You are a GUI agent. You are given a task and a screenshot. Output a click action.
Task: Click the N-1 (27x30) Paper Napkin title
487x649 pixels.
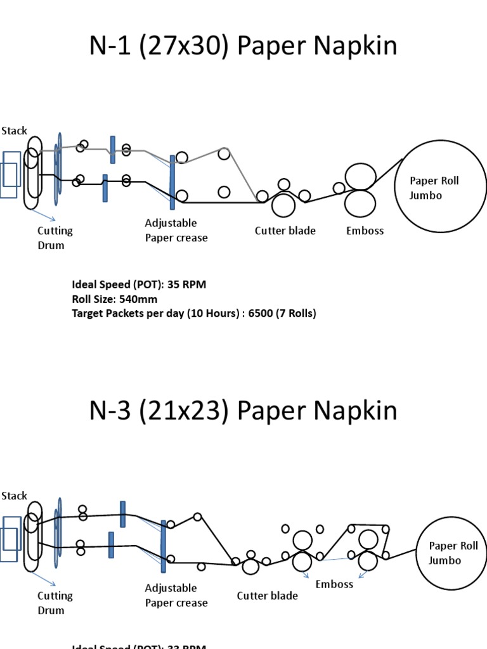(243, 46)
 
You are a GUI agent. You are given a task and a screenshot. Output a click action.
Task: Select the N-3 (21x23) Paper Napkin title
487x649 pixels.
(243, 411)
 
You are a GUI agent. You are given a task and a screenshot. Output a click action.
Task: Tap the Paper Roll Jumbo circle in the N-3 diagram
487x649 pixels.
(452, 553)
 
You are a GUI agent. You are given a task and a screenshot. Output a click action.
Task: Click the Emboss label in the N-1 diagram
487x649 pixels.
(365, 231)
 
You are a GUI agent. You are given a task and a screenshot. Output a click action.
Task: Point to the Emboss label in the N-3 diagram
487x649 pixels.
(334, 584)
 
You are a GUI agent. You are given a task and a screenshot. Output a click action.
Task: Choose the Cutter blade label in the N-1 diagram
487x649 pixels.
(285, 231)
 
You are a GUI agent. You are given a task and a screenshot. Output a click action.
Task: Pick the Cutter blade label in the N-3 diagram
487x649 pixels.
(267, 596)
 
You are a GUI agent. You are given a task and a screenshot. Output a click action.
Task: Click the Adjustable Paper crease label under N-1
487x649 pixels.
(176, 230)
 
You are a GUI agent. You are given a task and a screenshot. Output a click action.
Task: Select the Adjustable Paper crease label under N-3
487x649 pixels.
(176, 595)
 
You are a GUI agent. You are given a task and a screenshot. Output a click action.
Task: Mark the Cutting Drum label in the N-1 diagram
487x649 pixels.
(55, 238)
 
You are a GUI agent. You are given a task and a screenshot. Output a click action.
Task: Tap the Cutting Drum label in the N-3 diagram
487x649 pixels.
(55, 603)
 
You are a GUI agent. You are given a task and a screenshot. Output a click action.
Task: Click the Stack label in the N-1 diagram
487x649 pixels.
(14, 131)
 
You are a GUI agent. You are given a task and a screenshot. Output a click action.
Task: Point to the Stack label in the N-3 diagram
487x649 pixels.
(14, 496)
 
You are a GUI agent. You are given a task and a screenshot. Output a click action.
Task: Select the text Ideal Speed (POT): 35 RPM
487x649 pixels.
(139, 285)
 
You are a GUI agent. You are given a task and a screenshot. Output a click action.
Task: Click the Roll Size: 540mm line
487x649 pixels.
(115, 299)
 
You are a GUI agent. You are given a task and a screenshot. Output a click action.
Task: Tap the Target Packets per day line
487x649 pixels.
(193, 313)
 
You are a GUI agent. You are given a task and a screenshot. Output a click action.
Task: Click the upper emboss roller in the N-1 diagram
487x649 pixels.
(360, 176)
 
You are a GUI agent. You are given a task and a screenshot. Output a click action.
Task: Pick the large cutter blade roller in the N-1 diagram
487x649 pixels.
(283, 205)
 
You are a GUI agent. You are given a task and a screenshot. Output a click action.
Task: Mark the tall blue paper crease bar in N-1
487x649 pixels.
(172, 182)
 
